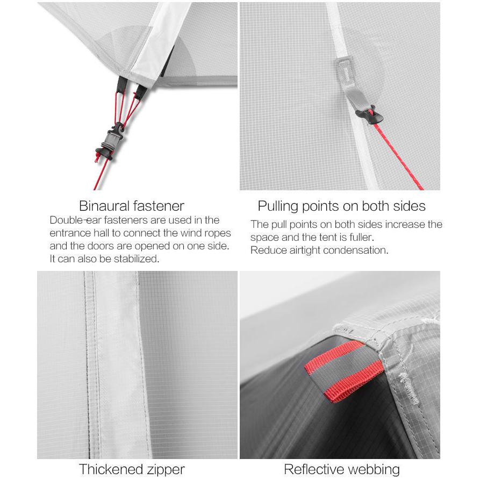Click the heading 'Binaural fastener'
(132, 206)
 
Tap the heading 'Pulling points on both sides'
(342, 206)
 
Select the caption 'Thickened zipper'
(132, 469)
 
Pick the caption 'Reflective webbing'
(342, 469)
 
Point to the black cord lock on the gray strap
(369, 116)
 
